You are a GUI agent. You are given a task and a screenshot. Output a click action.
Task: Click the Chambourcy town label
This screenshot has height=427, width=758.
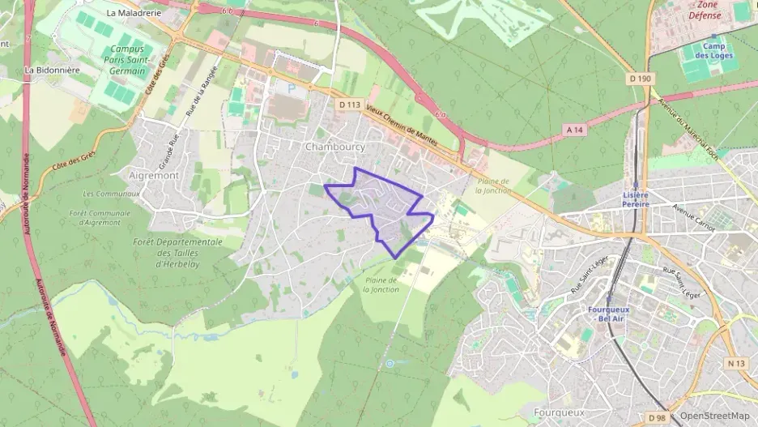pos(334,147)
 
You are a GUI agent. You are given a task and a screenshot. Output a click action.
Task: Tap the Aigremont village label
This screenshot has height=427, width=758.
pos(153,174)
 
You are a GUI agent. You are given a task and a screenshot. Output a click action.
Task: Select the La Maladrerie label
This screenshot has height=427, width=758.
pos(134,13)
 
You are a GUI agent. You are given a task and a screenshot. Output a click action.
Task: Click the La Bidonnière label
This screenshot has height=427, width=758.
pos(52,70)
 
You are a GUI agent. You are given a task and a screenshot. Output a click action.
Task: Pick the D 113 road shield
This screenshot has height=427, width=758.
pos(350,105)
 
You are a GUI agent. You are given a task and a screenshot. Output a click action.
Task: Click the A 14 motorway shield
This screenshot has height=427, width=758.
pos(575,130)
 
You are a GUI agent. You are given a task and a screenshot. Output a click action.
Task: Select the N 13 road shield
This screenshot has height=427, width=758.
pos(735,363)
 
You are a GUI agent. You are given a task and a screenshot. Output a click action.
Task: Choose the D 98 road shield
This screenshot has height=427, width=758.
pos(658,418)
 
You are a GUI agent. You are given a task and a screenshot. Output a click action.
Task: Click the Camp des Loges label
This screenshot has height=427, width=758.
pos(714,51)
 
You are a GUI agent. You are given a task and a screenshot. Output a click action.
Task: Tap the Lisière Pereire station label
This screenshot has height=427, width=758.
pos(636,199)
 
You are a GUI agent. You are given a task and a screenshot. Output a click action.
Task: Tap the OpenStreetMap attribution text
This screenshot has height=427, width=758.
pos(715,416)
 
